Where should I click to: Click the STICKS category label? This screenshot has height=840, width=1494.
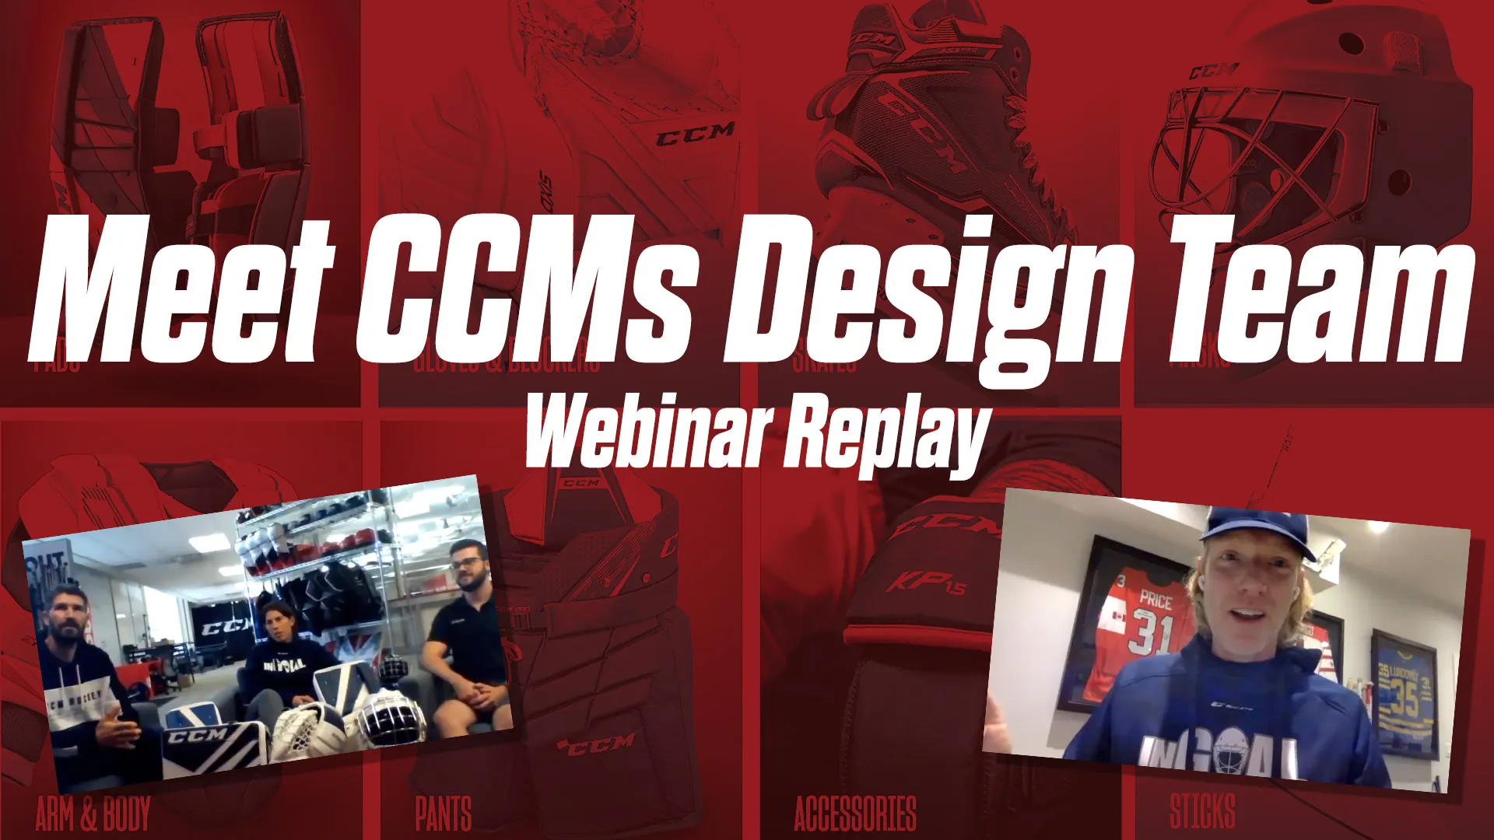pyautogui.click(x=1202, y=811)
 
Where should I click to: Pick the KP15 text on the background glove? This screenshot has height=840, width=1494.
pyautogui.click(x=927, y=582)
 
